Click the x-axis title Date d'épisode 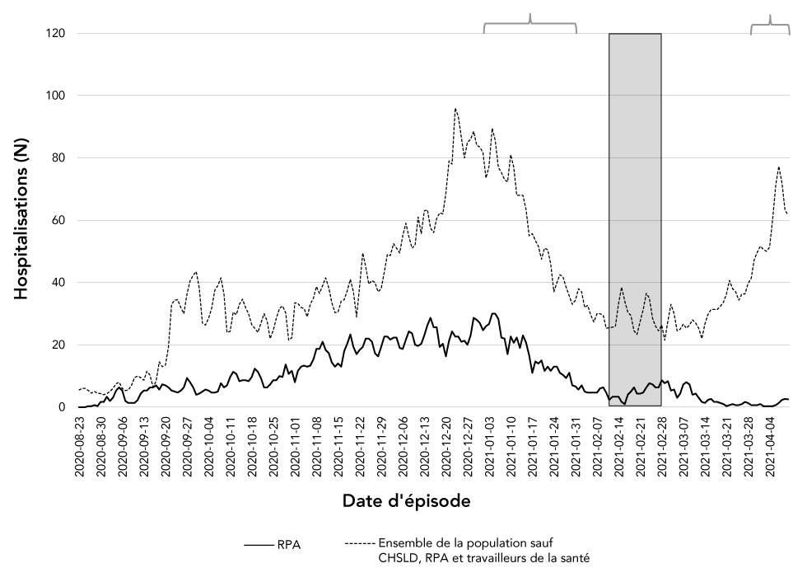407,500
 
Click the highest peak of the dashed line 455,108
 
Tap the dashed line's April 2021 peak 778,167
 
